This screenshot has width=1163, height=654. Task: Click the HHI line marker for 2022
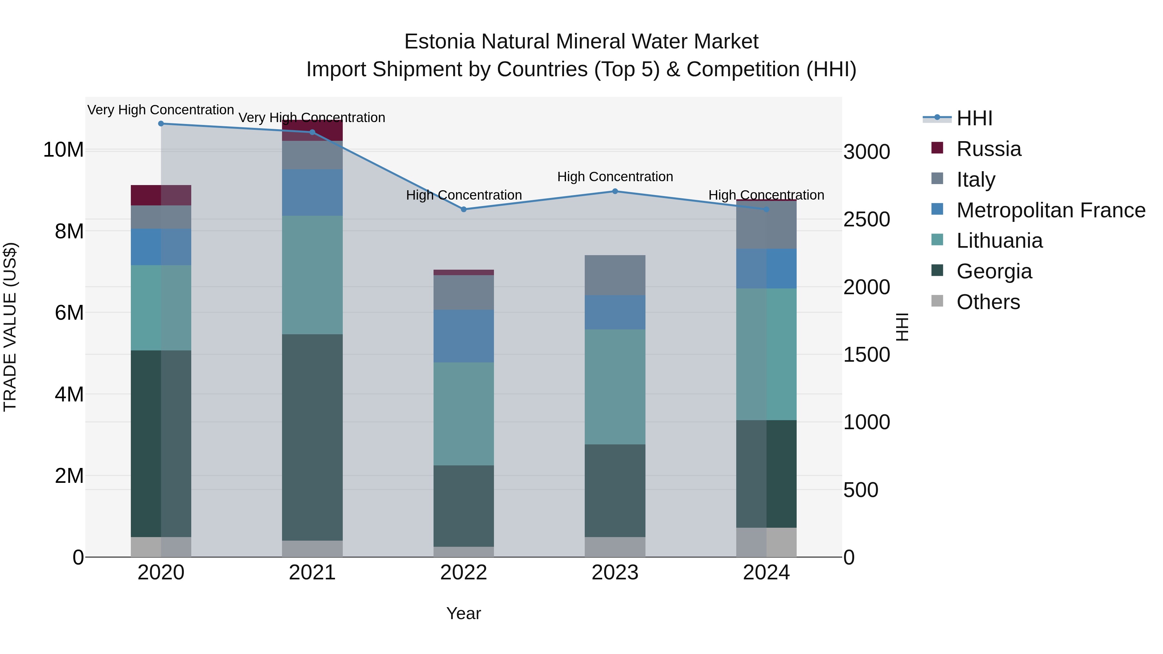pos(463,209)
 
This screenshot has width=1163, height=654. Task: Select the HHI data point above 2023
pos(614,192)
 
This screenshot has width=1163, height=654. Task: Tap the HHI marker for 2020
pos(161,124)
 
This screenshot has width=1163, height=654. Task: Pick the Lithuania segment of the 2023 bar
pos(614,387)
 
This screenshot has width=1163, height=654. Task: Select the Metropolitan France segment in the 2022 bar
pos(463,336)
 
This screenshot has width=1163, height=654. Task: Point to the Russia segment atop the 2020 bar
pos(161,195)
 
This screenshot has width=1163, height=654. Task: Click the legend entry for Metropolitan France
pos(1051,210)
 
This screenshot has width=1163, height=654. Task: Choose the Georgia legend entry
pos(994,271)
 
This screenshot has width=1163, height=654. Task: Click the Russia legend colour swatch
pos(937,148)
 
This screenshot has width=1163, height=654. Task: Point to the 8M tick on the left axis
pos(69,231)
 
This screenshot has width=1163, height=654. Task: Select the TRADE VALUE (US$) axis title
pos(10,327)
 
